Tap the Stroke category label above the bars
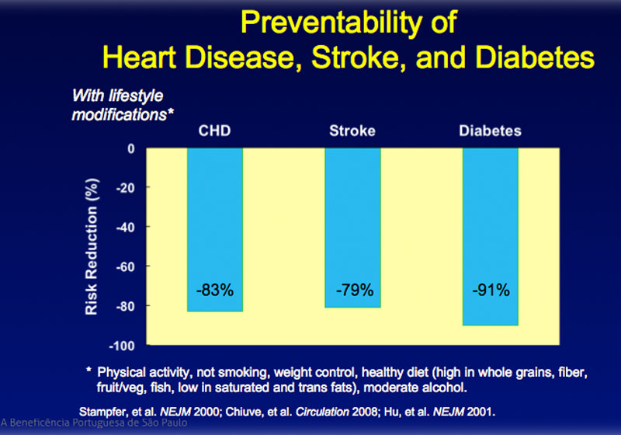[x=353, y=131]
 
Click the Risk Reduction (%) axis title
[x=92, y=247]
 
